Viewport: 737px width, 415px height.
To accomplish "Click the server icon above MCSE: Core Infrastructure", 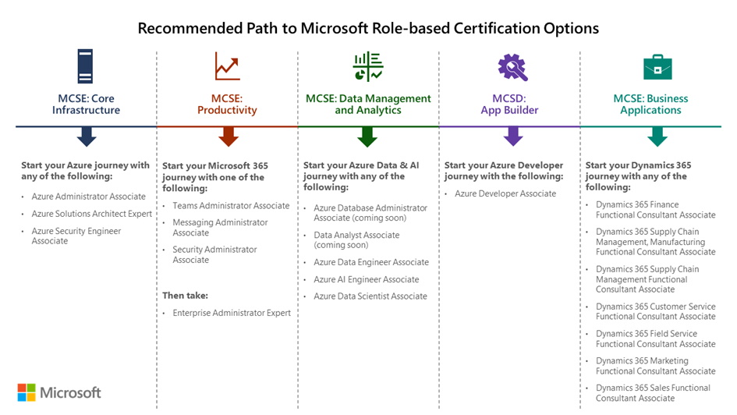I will (85, 66).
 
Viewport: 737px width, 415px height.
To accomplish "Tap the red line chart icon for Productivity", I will (227, 66).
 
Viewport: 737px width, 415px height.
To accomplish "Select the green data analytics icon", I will (367, 67).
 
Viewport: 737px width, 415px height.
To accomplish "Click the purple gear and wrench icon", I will (512, 67).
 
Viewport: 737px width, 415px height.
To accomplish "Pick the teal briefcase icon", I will (657, 67).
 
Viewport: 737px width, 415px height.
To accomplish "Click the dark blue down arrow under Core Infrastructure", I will (87, 137).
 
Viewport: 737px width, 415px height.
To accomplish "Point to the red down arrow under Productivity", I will (228, 137).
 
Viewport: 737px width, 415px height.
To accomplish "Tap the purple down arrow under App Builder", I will (512, 137).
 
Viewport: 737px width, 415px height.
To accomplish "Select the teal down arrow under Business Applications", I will (657, 137).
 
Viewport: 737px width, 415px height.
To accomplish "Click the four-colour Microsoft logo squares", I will (27, 392).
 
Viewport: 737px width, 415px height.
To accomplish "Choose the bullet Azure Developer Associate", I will (505, 193).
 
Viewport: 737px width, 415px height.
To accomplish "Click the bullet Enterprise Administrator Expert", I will (232, 313).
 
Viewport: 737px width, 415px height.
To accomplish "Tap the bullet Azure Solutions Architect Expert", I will (92, 214).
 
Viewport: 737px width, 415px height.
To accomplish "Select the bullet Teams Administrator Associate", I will (231, 206).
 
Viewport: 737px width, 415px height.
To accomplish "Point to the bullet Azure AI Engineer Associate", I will (367, 279).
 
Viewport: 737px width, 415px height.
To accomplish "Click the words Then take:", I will (185, 296).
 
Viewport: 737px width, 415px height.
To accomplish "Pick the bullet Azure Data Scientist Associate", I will (370, 296).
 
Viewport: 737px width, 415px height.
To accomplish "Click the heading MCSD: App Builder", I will (511, 105).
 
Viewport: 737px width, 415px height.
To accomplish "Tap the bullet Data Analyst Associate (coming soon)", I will (356, 240).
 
